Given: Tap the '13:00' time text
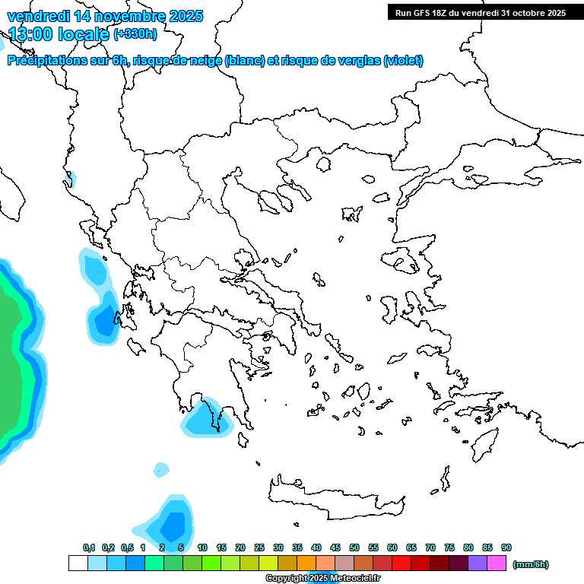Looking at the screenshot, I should [x=31, y=33].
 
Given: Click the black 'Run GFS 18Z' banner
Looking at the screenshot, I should [x=480, y=13].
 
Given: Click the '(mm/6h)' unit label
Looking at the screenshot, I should [x=531, y=564].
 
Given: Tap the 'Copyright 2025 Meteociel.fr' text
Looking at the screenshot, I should [x=322, y=578].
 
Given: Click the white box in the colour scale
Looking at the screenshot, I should [x=78, y=563].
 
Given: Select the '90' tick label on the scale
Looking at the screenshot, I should [x=506, y=547].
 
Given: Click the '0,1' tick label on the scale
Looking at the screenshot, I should [x=88, y=547].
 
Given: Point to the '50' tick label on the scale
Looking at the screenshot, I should [x=354, y=547].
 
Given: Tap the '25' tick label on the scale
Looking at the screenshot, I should [x=259, y=547].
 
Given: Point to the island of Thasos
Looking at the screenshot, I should [x=324, y=163].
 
